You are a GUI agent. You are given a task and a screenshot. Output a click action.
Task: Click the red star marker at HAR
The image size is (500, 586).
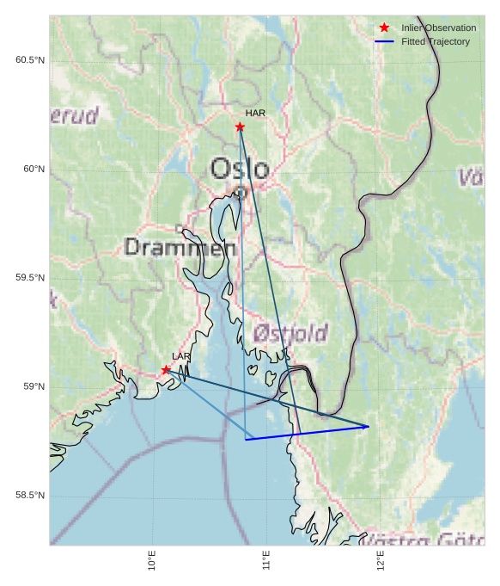click(240, 127)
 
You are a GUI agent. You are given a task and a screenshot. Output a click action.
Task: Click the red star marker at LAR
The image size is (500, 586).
click(166, 370)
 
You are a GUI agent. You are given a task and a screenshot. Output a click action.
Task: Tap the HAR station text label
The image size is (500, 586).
click(255, 113)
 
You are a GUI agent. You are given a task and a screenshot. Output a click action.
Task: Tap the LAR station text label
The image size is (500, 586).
click(181, 356)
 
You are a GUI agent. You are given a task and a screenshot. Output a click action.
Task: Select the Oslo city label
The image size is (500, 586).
click(240, 169)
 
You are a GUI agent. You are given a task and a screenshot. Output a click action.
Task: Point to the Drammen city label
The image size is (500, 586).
click(180, 248)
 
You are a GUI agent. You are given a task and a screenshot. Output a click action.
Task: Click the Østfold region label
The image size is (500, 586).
click(290, 333)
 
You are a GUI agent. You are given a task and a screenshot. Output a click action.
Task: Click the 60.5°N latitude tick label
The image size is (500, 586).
click(30, 60)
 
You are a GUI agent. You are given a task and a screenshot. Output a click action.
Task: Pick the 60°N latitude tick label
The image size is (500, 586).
click(34, 169)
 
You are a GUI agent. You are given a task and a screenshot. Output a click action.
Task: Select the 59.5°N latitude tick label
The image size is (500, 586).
click(30, 278)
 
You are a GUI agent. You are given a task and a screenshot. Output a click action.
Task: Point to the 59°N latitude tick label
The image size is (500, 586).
click(34, 386)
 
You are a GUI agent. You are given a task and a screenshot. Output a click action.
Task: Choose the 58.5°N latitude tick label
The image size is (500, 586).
click(30, 496)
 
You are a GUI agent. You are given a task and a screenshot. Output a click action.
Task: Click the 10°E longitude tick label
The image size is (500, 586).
click(152, 561)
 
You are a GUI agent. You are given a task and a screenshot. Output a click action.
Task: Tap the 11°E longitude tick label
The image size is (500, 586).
click(266, 561)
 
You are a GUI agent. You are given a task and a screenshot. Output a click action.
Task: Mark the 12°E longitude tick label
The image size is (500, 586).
click(381, 561)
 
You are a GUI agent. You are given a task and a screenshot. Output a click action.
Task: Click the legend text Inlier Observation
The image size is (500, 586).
click(438, 28)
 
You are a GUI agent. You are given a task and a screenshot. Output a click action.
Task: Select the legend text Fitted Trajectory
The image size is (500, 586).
click(436, 41)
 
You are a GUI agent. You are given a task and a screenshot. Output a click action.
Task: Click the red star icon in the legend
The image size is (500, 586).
click(384, 28)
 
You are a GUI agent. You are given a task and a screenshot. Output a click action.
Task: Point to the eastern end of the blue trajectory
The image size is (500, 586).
click(369, 426)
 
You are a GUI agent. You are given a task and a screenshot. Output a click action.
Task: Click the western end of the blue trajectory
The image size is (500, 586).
click(247, 440)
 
